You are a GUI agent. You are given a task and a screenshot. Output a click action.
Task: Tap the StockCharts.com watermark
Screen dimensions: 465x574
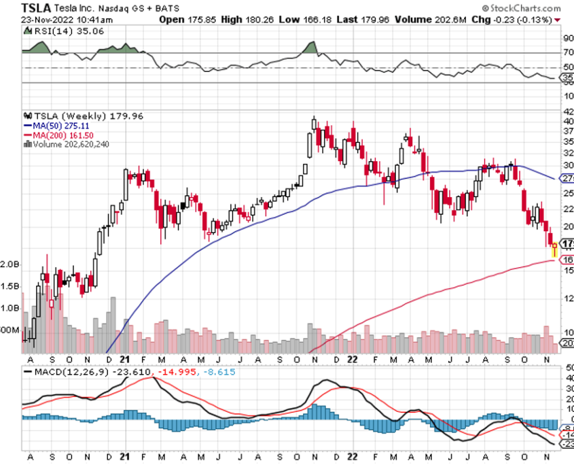525,7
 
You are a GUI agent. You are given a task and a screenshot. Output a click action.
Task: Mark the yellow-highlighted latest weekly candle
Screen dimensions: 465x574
554,249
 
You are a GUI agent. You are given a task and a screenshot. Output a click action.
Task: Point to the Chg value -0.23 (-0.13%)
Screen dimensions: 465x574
520,19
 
